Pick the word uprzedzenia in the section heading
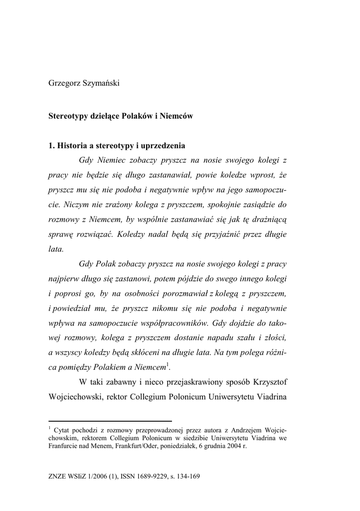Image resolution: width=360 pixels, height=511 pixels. click(x=164, y=146)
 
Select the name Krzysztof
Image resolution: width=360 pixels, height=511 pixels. click(x=267, y=383)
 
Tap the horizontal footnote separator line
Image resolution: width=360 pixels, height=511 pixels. click(x=110, y=421)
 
